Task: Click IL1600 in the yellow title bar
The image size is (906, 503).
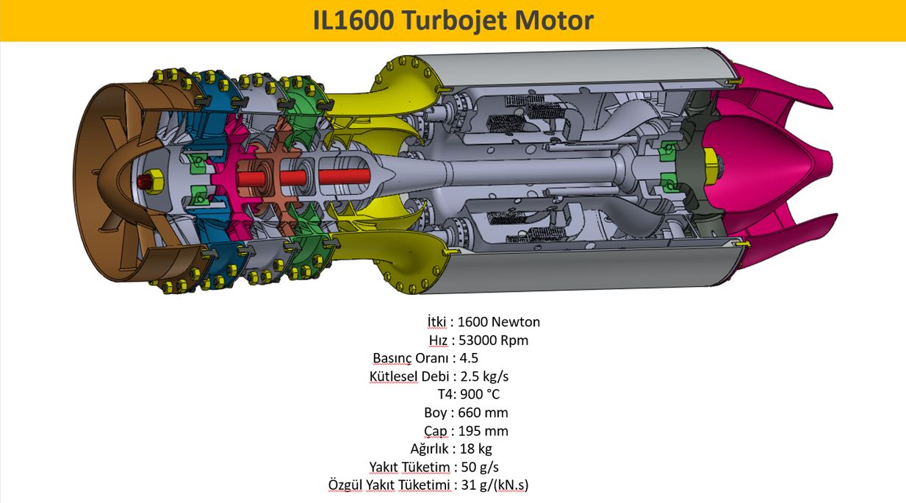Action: pos(353,21)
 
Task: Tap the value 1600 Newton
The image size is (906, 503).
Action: pos(499,321)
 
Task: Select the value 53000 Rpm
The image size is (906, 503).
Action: pos(494,340)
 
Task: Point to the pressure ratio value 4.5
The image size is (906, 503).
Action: pos(469,358)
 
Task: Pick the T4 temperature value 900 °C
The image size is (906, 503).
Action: pos(480,394)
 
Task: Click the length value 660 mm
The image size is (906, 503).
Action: pos(483,413)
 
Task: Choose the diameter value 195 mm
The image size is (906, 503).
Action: pos(483,431)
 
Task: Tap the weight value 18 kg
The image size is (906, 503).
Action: pos(475,449)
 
